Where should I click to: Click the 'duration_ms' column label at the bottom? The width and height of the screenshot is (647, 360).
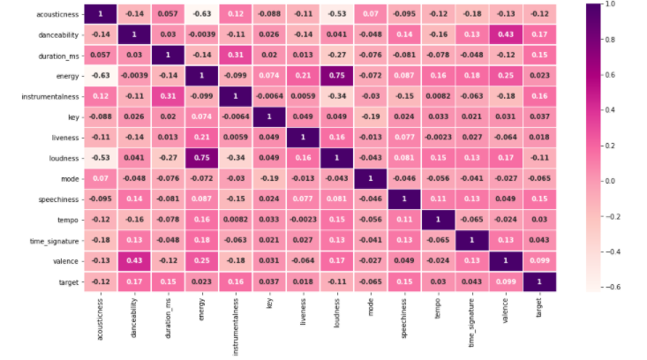pos(168,319)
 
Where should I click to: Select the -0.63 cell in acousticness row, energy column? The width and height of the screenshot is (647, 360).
pos(201,15)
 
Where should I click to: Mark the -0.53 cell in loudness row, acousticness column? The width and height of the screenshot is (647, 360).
pos(100,159)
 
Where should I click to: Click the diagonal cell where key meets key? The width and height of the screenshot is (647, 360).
pos(268,118)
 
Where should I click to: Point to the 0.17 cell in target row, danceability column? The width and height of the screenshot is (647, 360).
pos(134,281)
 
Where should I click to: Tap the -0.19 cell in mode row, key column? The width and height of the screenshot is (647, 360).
pos(268,179)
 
